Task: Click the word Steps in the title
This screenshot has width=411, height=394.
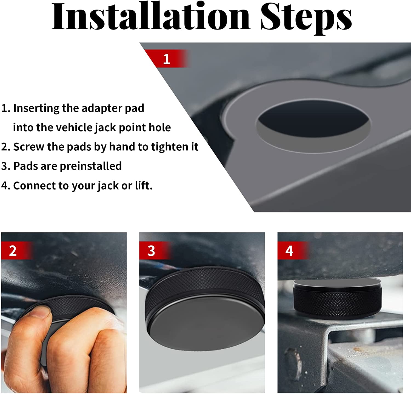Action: point(306,17)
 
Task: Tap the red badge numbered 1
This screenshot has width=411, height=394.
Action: point(167,59)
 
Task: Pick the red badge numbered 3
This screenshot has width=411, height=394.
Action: point(151,251)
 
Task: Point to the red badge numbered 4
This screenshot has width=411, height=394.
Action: point(289,251)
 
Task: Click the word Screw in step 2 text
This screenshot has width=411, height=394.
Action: point(28,147)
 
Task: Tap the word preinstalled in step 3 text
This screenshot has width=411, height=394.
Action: point(90,166)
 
